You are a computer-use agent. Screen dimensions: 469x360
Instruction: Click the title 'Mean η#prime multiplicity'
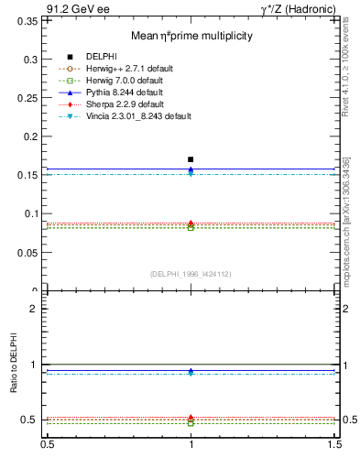191,36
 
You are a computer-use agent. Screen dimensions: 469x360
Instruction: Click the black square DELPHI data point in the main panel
191,159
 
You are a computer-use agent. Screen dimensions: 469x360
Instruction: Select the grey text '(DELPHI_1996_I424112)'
191,274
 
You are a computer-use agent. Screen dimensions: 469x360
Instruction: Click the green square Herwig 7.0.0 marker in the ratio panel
191,423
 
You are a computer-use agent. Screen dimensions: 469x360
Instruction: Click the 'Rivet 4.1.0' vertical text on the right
352,73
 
